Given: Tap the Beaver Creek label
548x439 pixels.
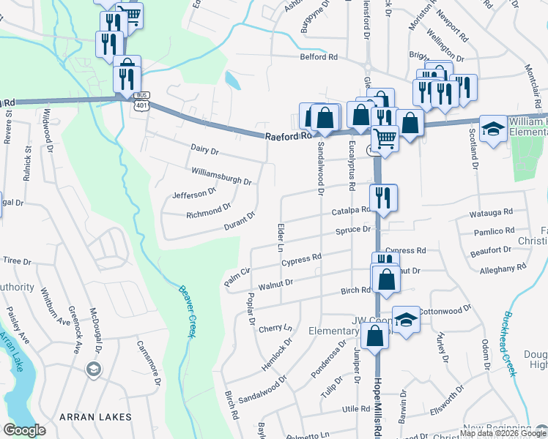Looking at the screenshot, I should click(x=188, y=310).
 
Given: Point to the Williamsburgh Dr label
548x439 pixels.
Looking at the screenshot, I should click(x=221, y=176).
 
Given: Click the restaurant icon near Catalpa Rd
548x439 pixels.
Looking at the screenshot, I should click(x=383, y=197).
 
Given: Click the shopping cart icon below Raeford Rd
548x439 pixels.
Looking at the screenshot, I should click(x=384, y=137).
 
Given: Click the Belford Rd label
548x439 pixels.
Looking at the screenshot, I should click(x=319, y=57).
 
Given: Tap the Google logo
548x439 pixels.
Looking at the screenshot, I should click(x=25, y=430).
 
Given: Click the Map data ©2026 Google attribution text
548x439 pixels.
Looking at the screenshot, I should click(x=503, y=433).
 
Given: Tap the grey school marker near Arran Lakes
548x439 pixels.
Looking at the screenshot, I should click(x=93, y=370).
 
